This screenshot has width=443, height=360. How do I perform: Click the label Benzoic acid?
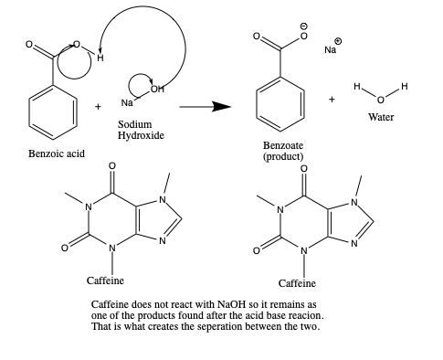click(57, 153)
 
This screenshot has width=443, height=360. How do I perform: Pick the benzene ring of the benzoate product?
click(280, 100)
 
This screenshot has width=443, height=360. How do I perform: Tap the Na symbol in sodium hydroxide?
click(126, 101)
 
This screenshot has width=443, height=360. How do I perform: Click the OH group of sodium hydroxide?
click(159, 89)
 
